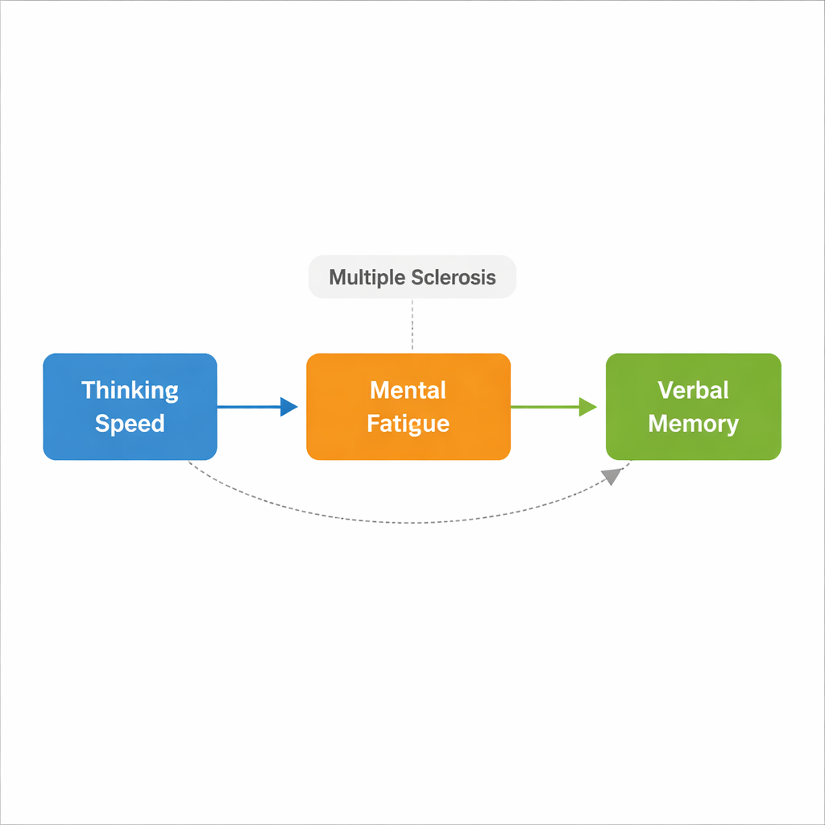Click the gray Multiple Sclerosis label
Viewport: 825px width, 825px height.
[x=412, y=277]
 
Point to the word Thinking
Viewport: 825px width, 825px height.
[x=130, y=391]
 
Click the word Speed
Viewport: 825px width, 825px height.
[x=130, y=424]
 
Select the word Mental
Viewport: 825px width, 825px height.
[x=408, y=391]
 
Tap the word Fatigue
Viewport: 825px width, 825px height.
[x=408, y=424]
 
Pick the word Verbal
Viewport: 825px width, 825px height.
[x=693, y=391]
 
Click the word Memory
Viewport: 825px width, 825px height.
[x=693, y=424]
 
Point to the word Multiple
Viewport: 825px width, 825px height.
[x=367, y=278]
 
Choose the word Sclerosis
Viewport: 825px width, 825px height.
[x=453, y=278]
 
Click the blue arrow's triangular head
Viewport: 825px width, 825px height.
[x=288, y=407]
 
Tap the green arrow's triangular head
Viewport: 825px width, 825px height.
[x=587, y=407]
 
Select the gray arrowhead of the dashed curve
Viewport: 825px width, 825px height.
[x=614, y=475]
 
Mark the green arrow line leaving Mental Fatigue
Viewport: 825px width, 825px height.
[x=545, y=407]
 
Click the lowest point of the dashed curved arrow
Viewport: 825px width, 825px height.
[x=411, y=523]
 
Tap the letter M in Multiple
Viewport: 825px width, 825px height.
[x=337, y=278]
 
